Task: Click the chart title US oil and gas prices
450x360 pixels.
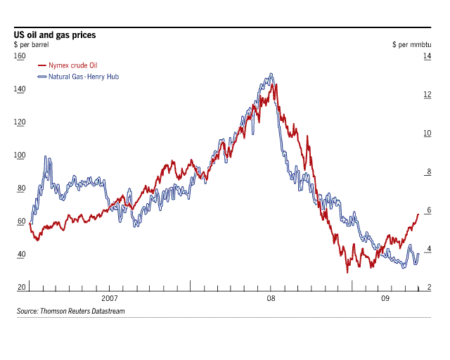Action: [55, 34]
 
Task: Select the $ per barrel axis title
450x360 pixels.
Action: [34, 44]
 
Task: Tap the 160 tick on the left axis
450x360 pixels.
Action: [20, 56]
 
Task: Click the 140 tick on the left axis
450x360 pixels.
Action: [20, 89]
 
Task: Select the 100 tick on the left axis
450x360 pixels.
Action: [20, 155]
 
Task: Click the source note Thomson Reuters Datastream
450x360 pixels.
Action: [70, 310]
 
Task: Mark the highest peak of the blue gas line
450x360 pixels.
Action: [271, 73]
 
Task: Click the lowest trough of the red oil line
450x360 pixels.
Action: [347, 271]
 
